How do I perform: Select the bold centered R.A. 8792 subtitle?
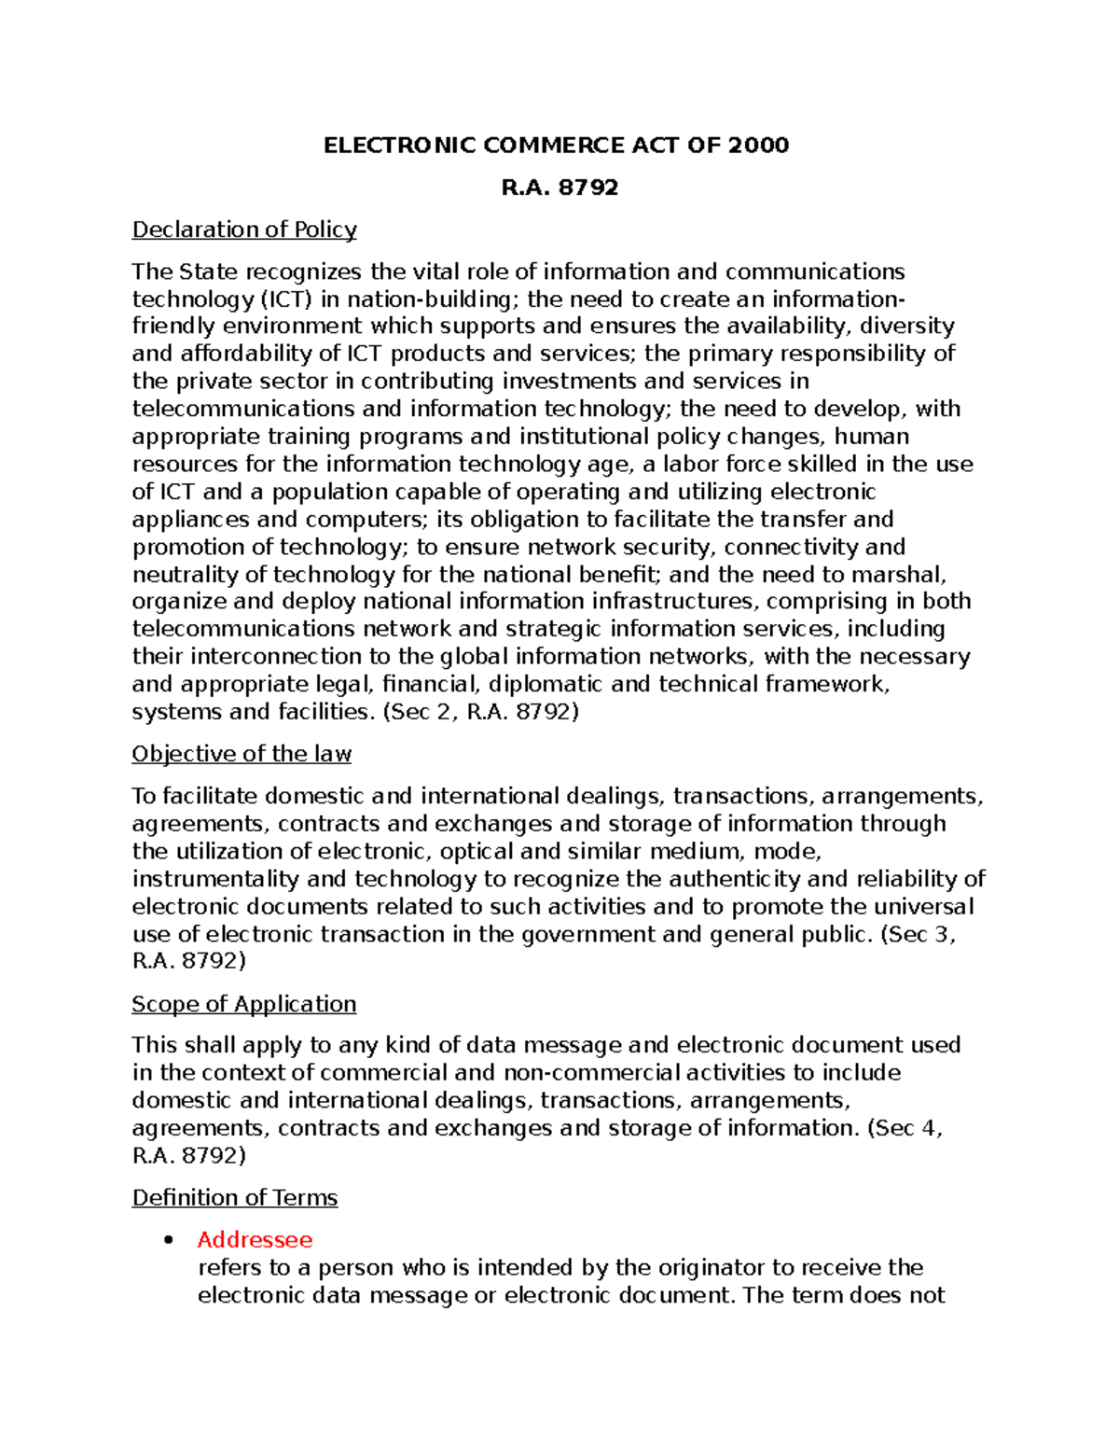point(559,188)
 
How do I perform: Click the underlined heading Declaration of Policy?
point(244,230)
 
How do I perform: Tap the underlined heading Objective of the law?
point(242,754)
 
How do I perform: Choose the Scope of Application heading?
point(244,1004)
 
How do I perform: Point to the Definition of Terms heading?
point(235,1198)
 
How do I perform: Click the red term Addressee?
point(255,1240)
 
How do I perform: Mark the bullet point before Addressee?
point(169,1241)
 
